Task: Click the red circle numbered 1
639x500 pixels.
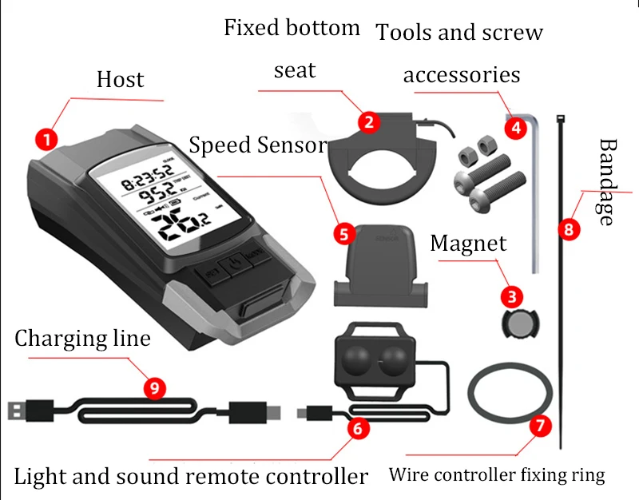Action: (47, 140)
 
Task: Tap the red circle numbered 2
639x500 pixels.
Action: (367, 121)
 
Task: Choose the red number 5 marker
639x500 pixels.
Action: (343, 234)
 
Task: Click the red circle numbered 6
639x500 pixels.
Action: (357, 428)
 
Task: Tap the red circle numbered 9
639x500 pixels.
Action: (155, 388)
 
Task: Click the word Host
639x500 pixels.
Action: (120, 80)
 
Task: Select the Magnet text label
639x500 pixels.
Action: (468, 244)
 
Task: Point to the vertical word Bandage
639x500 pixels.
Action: (609, 181)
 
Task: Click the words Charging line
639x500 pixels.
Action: (82, 339)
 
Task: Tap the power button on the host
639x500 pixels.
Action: (231, 264)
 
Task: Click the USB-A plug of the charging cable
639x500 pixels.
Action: (18, 411)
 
